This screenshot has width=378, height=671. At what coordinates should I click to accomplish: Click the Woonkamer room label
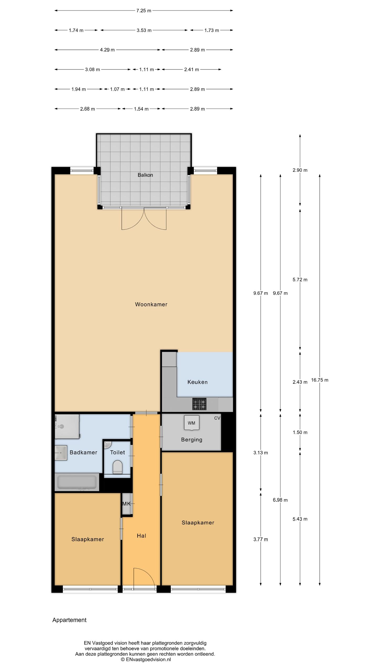point(151,304)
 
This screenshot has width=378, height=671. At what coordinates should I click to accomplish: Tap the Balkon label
point(145,175)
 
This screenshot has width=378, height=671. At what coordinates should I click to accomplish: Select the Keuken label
point(197,382)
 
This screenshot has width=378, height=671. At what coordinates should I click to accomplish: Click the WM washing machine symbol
point(191,423)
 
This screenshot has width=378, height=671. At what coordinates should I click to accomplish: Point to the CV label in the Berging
point(217,418)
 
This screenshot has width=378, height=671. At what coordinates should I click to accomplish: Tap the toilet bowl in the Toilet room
point(117,468)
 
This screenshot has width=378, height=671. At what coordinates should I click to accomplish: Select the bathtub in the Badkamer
point(77,482)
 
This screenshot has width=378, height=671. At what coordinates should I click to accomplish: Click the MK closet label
point(127,504)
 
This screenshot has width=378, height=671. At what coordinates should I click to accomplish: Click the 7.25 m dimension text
point(144,11)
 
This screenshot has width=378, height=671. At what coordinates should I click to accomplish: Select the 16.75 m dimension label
point(320,380)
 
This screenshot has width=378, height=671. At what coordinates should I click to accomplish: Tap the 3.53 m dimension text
point(144,30)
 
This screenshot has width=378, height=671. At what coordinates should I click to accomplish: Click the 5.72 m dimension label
point(300,280)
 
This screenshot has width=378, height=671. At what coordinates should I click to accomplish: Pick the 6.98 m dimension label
point(280,500)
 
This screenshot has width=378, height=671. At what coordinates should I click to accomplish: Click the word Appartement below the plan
point(69,620)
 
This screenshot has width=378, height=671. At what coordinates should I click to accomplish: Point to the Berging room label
point(192,440)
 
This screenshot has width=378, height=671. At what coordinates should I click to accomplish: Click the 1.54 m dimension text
point(141,109)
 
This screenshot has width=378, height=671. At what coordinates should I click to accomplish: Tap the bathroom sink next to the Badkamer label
point(61,453)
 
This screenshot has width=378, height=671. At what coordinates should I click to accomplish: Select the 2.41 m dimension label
point(192,70)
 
